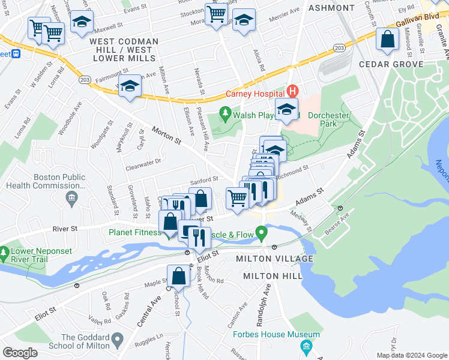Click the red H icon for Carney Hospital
point(292,92)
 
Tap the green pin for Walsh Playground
point(225,112)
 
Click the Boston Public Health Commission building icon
point(71,197)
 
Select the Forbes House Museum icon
point(307,346)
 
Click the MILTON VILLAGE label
point(274,259)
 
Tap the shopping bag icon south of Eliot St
point(178,277)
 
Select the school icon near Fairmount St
point(128,87)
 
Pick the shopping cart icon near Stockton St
point(216,13)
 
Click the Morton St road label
point(166,134)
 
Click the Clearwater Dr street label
point(145,161)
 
